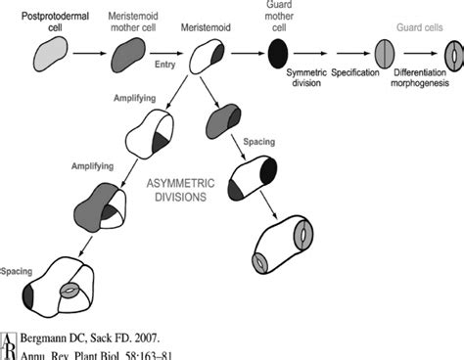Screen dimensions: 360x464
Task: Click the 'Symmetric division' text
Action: [304, 80]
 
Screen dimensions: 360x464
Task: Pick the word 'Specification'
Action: [362, 73]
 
